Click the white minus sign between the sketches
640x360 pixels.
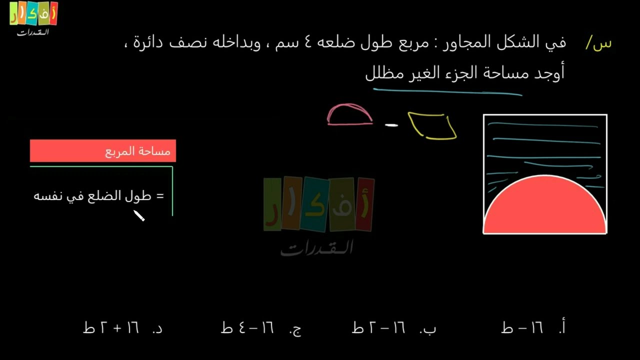click(391, 125)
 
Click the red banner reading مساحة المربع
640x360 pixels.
click(103, 151)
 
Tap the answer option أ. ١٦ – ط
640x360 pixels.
click(533, 328)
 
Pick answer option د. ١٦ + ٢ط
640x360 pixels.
click(123, 328)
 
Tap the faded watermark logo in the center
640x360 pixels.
click(318, 215)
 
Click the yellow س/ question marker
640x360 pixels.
click(598, 43)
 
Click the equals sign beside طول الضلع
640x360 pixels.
click(160, 196)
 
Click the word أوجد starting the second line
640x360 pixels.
click(549, 73)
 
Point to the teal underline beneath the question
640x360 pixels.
click(447, 91)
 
